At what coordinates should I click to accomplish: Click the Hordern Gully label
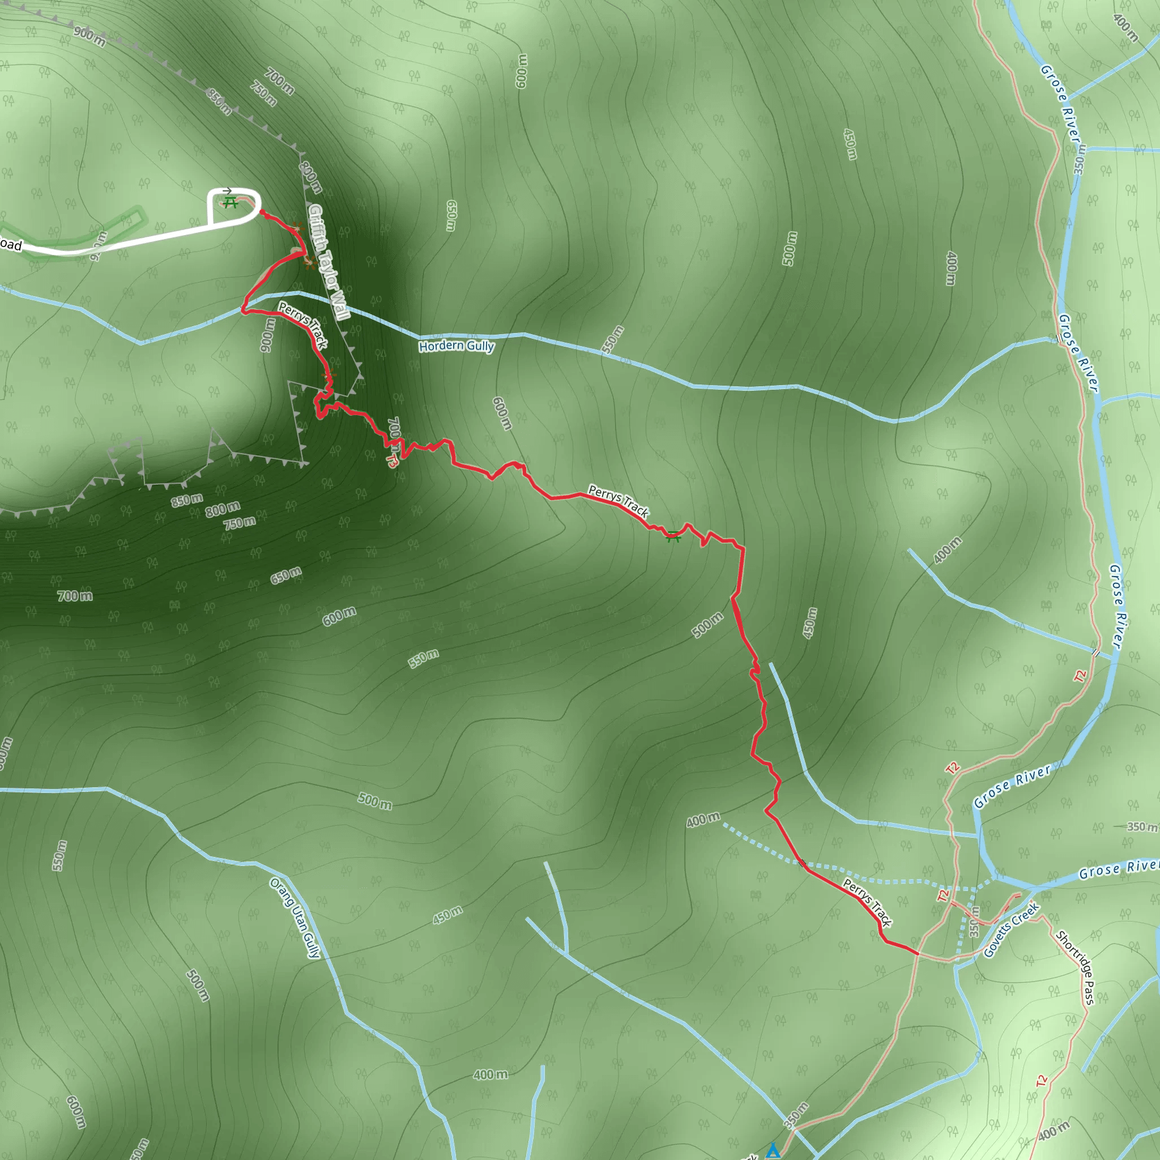(x=457, y=346)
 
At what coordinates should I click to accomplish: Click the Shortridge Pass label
(x=1076, y=967)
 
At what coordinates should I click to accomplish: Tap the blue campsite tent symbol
(x=773, y=1150)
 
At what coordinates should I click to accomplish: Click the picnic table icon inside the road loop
(x=230, y=203)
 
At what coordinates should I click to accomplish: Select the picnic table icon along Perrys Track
(x=673, y=536)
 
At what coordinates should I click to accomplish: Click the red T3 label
(x=392, y=460)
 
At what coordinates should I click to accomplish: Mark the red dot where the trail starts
(x=262, y=212)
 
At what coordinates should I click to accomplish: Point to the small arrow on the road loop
(x=227, y=191)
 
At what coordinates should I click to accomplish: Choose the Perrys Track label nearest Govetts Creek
(x=868, y=902)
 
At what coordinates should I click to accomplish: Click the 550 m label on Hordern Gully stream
(x=613, y=339)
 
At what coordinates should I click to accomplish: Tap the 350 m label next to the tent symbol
(x=796, y=1115)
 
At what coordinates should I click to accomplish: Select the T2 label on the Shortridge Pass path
(x=1042, y=1081)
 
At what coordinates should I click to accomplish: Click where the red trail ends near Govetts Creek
(x=918, y=953)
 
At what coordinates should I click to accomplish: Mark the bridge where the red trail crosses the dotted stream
(x=801, y=863)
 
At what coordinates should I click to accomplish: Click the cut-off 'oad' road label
(x=11, y=245)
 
